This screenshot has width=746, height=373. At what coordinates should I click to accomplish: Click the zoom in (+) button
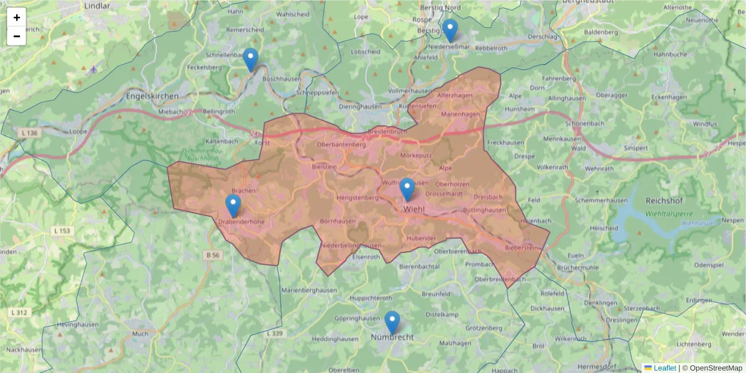tap(17, 17)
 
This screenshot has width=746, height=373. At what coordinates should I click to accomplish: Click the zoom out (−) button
tap(17, 36)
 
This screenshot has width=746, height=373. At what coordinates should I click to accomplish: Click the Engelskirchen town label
tap(152, 96)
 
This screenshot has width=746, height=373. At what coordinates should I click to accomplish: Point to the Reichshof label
tap(665, 201)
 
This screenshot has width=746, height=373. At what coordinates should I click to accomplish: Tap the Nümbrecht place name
tap(392, 337)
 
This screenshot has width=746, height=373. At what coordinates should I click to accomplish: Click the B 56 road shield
tap(213, 255)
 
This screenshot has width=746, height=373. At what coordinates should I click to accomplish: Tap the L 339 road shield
tap(274, 334)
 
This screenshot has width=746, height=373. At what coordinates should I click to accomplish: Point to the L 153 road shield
tap(63, 231)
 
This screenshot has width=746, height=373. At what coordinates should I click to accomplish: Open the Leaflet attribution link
tap(664, 368)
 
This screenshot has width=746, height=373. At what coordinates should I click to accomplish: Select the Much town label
tap(140, 334)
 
